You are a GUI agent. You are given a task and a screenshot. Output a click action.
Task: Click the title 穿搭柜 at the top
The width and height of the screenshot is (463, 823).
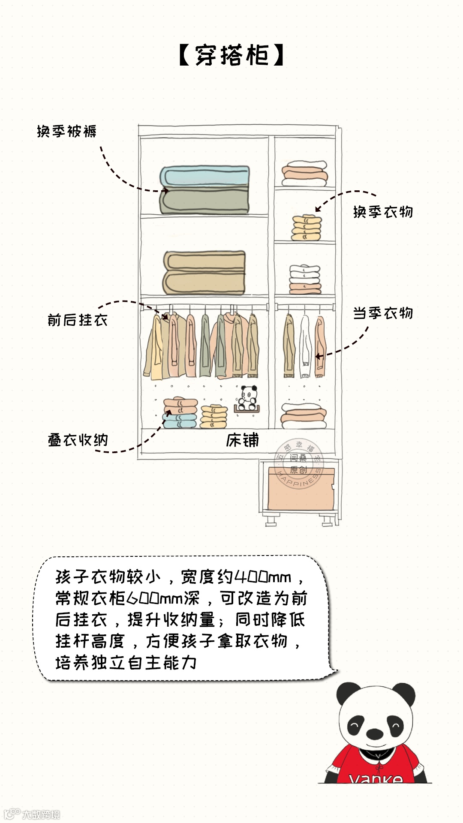point(231,56)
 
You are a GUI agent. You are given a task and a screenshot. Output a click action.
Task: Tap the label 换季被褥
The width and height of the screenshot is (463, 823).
point(66,131)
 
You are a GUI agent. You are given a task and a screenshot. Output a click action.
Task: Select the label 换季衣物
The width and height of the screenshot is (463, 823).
point(383,212)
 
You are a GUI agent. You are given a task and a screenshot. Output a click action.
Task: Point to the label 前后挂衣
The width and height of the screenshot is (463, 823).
point(78,320)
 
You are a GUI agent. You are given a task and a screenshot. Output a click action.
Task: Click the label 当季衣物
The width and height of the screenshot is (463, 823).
point(383,313)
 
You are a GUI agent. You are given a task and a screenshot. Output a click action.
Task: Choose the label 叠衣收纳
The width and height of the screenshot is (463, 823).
point(78,440)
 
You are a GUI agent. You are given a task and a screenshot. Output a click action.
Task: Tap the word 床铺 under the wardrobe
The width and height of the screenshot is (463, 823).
point(243,440)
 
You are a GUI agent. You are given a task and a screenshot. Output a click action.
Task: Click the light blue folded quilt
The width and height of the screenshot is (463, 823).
point(205,177)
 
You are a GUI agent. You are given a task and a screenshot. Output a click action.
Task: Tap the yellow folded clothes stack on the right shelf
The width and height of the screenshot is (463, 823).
point(306,228)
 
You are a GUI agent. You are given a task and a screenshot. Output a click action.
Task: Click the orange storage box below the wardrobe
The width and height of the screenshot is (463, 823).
point(301,489)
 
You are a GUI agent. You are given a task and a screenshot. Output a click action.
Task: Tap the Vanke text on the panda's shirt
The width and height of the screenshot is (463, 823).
point(376,778)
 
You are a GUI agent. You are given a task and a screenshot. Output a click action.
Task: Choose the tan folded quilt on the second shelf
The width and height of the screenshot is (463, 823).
point(204,273)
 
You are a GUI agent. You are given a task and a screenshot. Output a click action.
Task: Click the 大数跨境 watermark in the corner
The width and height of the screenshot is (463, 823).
point(41,814)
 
